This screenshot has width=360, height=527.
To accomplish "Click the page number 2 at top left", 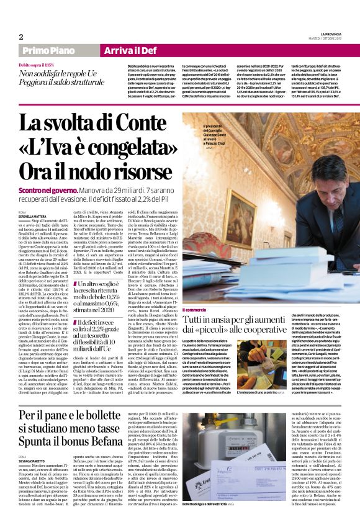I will tap(21, 37).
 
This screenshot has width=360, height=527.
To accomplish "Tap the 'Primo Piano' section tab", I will tap(48, 50).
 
